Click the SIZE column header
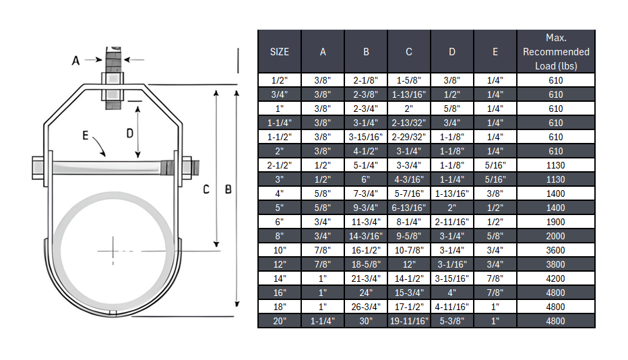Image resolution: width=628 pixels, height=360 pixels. pyautogui.click(x=280, y=52)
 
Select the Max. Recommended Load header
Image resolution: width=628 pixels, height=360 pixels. pyautogui.click(x=556, y=52)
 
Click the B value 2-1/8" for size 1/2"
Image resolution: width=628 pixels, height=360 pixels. pyautogui.click(x=366, y=80)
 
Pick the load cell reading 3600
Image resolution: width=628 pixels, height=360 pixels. pyautogui.click(x=556, y=250)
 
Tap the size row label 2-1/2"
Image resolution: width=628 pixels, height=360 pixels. pyautogui.click(x=280, y=165)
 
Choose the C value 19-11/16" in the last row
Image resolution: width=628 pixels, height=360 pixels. pyautogui.click(x=409, y=321)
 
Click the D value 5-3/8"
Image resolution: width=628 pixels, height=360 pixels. pyautogui.click(x=452, y=321)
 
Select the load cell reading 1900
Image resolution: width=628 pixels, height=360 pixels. pyautogui.click(x=556, y=222)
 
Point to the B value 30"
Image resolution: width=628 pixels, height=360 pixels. pyautogui.click(x=366, y=321)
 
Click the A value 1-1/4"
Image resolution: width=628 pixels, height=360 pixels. pyautogui.click(x=323, y=321)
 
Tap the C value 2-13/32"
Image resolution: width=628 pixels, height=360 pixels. pyautogui.click(x=409, y=123)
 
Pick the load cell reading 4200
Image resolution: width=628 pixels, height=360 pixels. pyautogui.click(x=556, y=278)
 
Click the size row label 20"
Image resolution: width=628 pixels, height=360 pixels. pyautogui.click(x=280, y=321)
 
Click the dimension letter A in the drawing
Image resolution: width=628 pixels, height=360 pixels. pyautogui.click(x=76, y=61)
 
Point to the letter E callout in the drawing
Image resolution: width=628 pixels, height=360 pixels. pyautogui.click(x=85, y=136)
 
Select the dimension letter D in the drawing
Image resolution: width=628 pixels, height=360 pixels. pyautogui.click(x=130, y=133)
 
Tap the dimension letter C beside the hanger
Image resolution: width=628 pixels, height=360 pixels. pyautogui.click(x=207, y=189)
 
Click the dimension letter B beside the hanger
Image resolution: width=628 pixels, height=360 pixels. pyautogui.click(x=228, y=189)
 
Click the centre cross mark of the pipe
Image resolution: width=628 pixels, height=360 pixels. pyautogui.click(x=114, y=251)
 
